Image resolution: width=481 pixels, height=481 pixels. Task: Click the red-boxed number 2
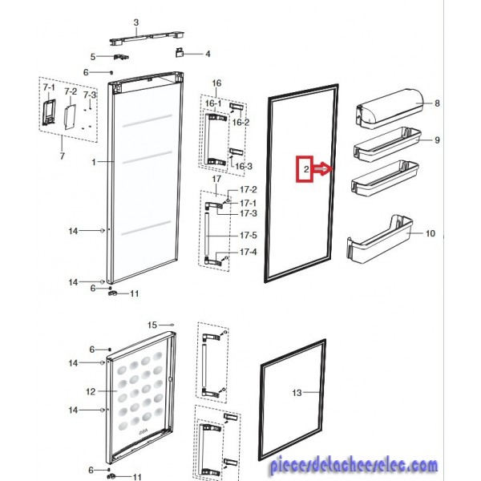pyautogui.click(x=306, y=169)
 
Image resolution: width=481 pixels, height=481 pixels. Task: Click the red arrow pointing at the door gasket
pyautogui.click(x=323, y=169)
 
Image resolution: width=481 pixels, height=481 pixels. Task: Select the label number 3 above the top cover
pyautogui.click(x=136, y=22)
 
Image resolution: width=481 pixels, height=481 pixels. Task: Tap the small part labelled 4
pyautogui.click(x=180, y=52)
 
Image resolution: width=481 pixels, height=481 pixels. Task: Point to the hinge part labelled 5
pyautogui.click(x=121, y=57)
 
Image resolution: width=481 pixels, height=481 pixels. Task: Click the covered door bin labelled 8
pyautogui.click(x=390, y=109)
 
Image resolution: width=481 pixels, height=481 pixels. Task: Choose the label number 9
pyautogui.click(x=437, y=140)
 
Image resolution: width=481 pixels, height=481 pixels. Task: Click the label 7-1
pyautogui.click(x=49, y=87)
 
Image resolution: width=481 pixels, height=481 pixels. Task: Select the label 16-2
pyautogui.click(x=240, y=123)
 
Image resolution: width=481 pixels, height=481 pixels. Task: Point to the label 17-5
pyautogui.click(x=249, y=235)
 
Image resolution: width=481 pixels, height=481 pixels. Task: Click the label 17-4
pyautogui.click(x=249, y=252)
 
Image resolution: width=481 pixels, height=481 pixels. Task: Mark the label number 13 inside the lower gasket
pyautogui.click(x=297, y=393)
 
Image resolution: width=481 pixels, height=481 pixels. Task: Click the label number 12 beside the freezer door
pyautogui.click(x=91, y=391)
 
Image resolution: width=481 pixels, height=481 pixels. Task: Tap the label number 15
pyautogui.click(x=152, y=325)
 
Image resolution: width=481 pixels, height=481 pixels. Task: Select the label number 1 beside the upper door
pyautogui.click(x=94, y=162)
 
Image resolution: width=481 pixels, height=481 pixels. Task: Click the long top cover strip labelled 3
pyautogui.click(x=147, y=38)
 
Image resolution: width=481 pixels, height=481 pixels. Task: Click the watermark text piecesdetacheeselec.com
pyautogui.click(x=354, y=466)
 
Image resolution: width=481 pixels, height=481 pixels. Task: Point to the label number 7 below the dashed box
pyautogui.click(x=63, y=156)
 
